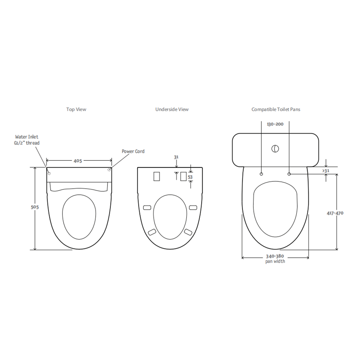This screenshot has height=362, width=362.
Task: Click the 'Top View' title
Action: pos(76,109)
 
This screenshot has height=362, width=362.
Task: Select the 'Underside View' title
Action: pos(172,109)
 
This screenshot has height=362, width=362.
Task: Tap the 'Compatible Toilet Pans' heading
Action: pos(276,109)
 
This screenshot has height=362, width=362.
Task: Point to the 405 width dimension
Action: pos(78,161)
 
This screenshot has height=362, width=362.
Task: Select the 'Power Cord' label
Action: pos(133,151)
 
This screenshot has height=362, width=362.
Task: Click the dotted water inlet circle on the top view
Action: pos(49,173)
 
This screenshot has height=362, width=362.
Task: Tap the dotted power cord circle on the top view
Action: pos(109,170)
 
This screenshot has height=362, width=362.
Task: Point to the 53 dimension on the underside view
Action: pos(190,177)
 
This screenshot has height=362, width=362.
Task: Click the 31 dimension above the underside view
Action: pos(176,157)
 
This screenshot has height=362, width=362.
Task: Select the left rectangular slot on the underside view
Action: pos(157,176)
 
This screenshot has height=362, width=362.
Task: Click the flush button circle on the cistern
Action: pos(275,148)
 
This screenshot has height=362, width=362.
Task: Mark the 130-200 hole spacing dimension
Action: pos(275,124)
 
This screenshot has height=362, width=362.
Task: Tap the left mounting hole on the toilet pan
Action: pos(261,174)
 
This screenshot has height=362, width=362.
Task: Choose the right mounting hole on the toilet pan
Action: pos(289,174)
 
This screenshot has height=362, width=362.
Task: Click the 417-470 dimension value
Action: pos(335,213)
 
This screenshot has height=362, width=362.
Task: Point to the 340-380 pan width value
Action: pos(275,256)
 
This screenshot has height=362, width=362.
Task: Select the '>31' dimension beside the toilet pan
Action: pos(326,171)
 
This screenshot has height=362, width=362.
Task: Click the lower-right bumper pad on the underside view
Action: pos(188,232)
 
